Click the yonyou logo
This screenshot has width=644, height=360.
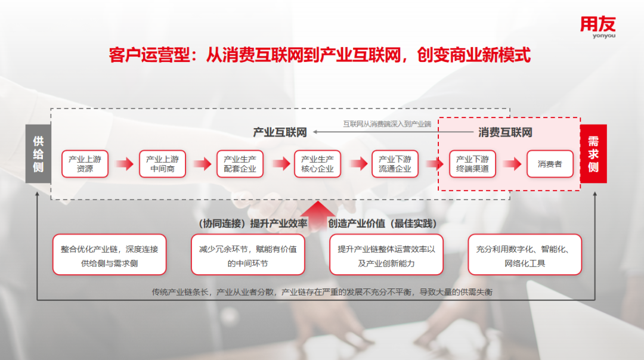click(597, 27)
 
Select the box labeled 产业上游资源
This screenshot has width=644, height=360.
click(85, 164)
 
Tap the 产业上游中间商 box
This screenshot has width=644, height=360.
click(162, 164)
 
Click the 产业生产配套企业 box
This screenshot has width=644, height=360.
click(240, 164)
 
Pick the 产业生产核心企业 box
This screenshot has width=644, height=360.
click(317, 164)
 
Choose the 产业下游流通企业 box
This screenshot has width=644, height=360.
click(395, 164)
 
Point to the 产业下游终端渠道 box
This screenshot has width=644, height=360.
click(472, 164)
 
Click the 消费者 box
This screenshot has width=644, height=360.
click(550, 164)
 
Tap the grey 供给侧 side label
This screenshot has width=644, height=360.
click(38, 154)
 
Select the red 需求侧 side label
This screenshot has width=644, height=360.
click(593, 154)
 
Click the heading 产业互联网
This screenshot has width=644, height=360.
click(280, 132)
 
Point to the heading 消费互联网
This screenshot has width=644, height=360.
click(505, 132)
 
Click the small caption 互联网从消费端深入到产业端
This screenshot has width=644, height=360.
click(388, 123)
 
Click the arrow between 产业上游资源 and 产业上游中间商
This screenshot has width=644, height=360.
click(125, 164)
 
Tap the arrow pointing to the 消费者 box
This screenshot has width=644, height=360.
click(512, 164)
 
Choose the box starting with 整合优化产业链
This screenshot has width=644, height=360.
click(110, 255)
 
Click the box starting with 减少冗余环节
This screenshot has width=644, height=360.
click(248, 255)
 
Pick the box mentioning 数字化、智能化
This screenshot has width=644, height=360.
click(525, 255)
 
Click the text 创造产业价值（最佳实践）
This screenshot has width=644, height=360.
click(382, 224)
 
